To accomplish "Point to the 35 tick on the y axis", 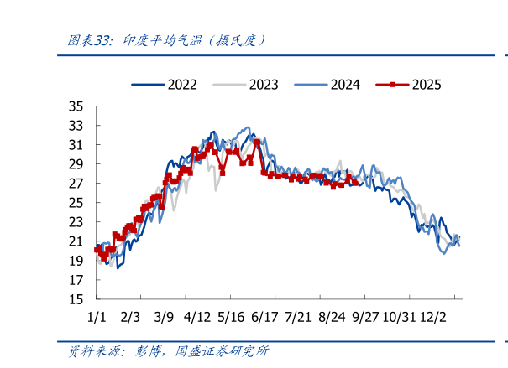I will coord(76,106).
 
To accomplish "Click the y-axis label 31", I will coord(76,145).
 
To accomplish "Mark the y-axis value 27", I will coord(76,184).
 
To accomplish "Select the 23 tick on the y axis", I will coord(76,222).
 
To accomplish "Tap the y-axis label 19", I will coord(76,261).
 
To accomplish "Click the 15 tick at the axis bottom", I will coord(76,299).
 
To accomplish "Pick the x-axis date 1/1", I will coord(97,318).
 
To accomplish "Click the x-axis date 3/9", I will coord(164,318).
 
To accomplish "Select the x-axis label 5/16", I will coord(231,318).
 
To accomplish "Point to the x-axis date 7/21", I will coord(299,318).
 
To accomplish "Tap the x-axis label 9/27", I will coord(367,318).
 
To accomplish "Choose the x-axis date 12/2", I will coord(434,318).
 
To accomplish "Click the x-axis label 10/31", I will coord(400,318).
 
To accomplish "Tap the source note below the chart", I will coord(168,352).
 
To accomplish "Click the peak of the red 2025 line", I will coord(257,143).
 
